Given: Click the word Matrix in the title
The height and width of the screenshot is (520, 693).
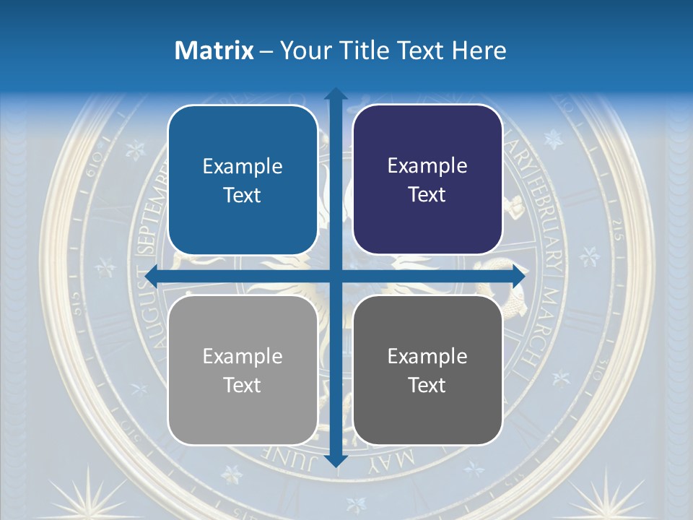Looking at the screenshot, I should coord(214,51).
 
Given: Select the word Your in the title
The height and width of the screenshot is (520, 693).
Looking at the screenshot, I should coord(302,51).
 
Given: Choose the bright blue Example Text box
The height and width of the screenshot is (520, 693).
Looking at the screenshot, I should coord(243,180).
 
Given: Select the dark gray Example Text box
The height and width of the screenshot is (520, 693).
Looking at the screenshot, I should coord(427,370).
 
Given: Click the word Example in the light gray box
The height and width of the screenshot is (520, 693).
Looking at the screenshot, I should coord(243,356).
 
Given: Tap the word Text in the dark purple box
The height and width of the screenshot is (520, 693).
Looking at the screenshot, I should coord(427,195).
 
